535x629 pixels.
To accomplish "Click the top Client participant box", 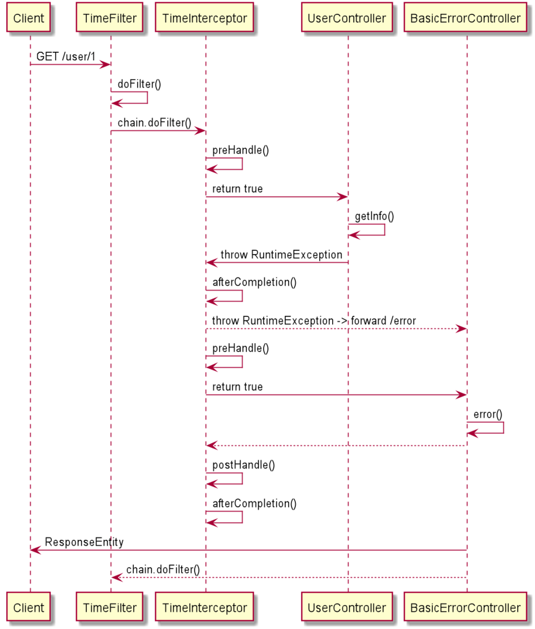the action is click(x=28, y=18).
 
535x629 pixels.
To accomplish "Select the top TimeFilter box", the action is click(x=110, y=18).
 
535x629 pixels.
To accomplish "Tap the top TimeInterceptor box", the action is click(x=205, y=18).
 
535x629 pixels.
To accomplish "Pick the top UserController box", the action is click(x=347, y=18).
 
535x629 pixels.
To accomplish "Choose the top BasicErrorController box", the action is click(x=465, y=18).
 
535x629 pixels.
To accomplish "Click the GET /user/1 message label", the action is click(x=66, y=57).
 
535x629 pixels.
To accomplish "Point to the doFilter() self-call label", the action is click(x=139, y=84).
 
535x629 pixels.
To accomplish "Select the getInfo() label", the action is click(x=374, y=216).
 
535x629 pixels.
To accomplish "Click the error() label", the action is click(x=488, y=414).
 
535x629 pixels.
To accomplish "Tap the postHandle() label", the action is click(x=244, y=465).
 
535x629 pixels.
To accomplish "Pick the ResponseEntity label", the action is click(x=84, y=542).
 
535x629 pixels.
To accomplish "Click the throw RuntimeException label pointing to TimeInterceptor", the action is click(x=281, y=255).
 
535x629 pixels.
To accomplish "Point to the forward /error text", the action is click(x=383, y=320).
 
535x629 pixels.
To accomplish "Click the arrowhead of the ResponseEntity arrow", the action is click(x=35, y=550).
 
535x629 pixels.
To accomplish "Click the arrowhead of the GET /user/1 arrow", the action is click(x=105, y=64).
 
